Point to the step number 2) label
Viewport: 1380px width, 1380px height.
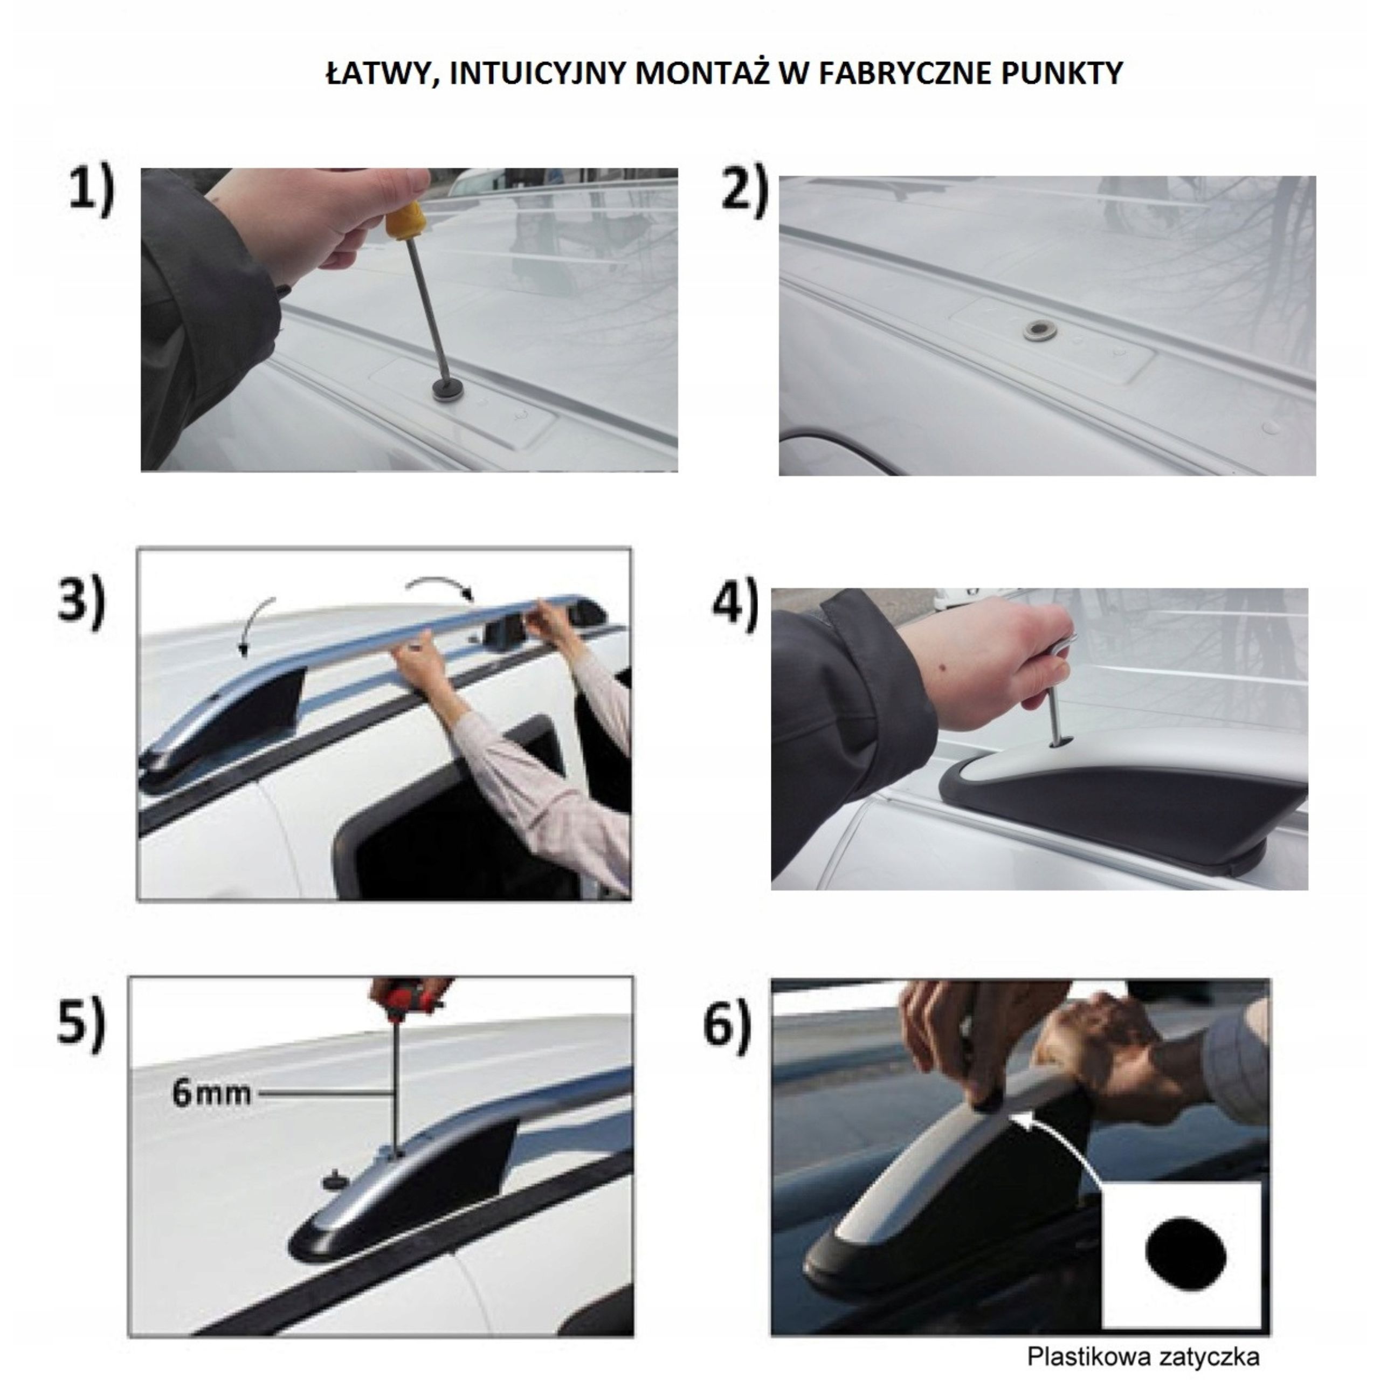[744, 191]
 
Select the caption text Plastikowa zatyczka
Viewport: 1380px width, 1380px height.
[1143, 1356]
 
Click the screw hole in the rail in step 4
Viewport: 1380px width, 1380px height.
[1059, 743]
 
